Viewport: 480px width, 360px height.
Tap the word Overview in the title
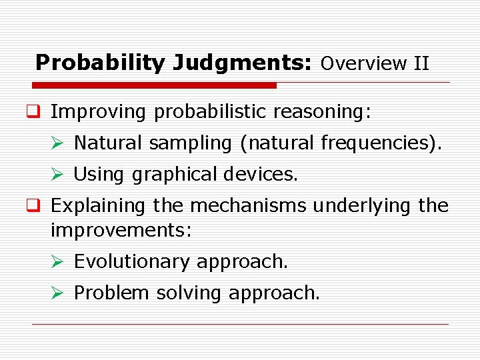pos(363,63)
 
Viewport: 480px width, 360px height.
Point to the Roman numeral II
pos(421,63)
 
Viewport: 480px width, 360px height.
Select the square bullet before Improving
pos(39,112)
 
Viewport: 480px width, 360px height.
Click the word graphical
pos(175,175)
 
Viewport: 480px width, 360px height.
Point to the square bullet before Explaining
pos(39,206)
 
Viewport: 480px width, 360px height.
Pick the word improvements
pos(121,231)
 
